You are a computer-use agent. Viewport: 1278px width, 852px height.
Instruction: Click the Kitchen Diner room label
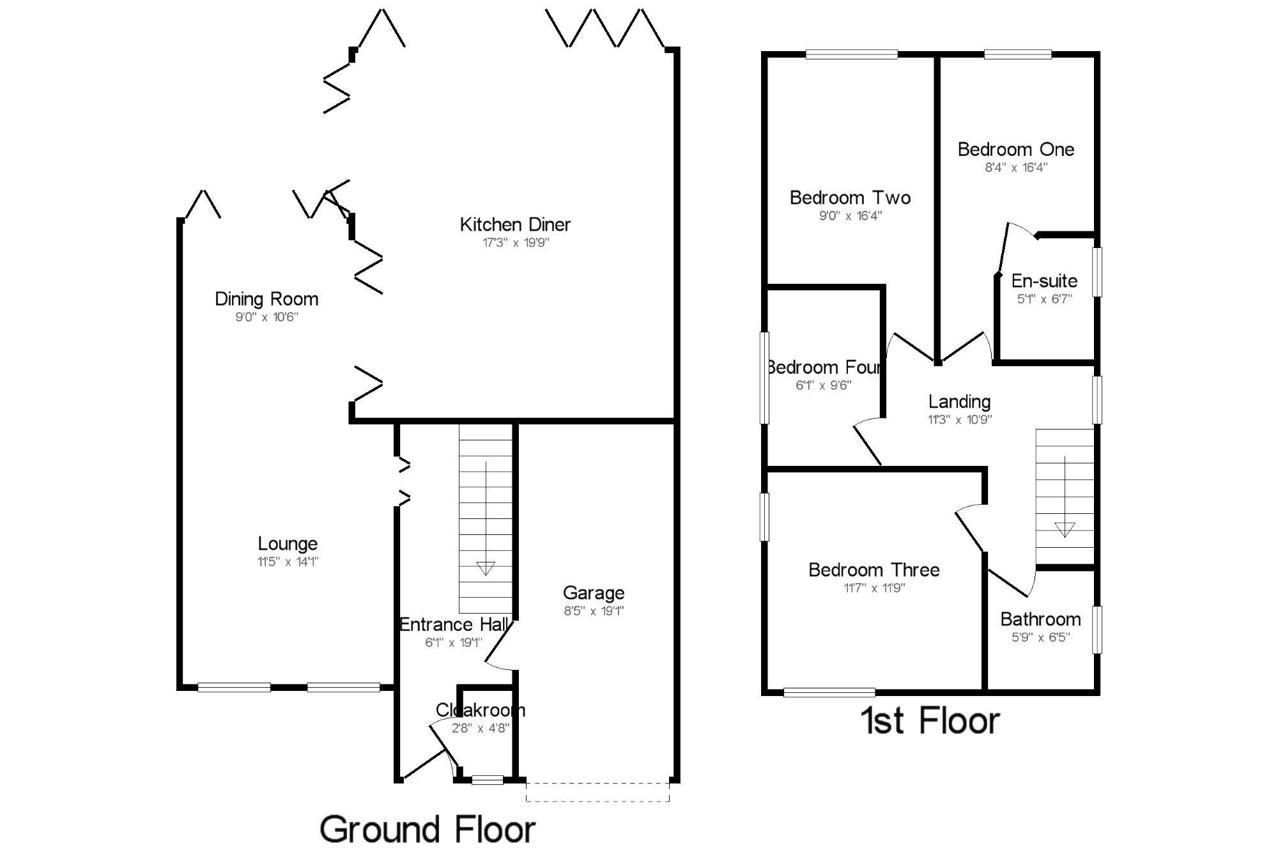515,224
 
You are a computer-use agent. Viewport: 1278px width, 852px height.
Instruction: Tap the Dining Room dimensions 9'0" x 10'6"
266,317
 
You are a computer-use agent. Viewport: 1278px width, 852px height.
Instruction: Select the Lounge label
288,544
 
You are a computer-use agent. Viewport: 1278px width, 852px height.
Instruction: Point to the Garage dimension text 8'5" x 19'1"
594,611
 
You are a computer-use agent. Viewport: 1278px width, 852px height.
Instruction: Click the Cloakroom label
481,710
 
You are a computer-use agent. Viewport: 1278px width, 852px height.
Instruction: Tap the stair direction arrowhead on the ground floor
486,568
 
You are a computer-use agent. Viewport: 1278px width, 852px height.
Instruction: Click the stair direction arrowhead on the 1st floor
1065,529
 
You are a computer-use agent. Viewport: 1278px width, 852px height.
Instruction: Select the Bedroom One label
1015,150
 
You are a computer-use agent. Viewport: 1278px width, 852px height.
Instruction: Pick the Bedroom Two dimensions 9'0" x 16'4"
851,216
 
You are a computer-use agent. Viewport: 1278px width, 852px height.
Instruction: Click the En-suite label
1044,281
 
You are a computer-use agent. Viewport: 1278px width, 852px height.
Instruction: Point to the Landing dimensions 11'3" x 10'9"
960,420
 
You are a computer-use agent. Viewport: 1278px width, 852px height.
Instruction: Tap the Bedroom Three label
874,570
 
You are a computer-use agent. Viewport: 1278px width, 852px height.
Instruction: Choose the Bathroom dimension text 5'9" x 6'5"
1040,637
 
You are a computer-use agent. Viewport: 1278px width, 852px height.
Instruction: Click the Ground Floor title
427,830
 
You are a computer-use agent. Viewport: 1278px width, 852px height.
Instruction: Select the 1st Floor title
930,721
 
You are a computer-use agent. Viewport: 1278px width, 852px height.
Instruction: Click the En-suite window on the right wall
1097,272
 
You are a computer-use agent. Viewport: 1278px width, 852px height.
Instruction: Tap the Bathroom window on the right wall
1097,630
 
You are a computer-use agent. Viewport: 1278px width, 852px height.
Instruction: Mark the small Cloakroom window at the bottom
488,779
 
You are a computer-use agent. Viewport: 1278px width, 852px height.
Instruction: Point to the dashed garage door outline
597,793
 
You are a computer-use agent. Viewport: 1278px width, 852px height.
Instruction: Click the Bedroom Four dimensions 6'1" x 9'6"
824,385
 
